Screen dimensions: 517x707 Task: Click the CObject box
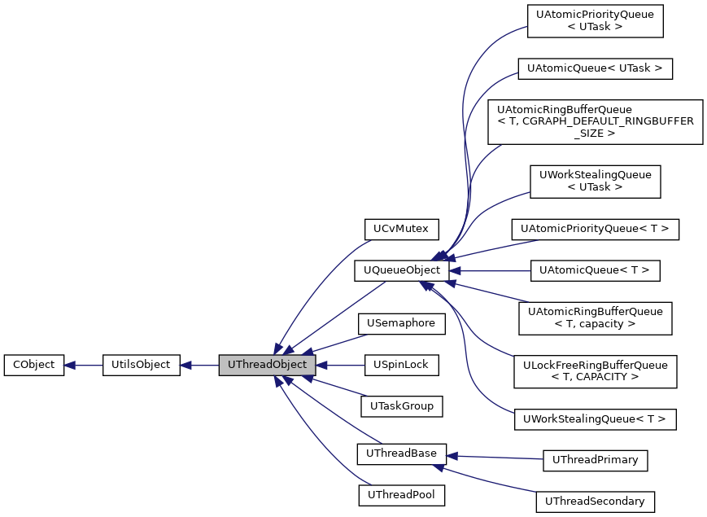33,365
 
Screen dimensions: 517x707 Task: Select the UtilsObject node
141,365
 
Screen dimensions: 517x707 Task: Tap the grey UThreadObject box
267,365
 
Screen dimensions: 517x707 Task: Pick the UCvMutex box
401,228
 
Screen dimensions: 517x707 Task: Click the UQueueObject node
401,270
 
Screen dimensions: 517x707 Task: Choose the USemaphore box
401,323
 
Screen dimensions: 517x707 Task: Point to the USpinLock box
401,365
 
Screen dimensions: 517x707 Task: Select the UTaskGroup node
401,405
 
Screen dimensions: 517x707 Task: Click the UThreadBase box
401,453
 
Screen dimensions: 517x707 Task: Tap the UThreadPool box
401,494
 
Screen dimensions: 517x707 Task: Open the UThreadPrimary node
595,460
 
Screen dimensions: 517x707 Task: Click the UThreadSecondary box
595,502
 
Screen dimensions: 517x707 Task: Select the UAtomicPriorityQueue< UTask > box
595,21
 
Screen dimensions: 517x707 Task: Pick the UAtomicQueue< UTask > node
595,68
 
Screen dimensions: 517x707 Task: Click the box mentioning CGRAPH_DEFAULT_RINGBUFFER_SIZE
595,121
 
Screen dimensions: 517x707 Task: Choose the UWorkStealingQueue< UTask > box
595,181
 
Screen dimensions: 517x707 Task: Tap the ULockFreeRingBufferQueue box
595,370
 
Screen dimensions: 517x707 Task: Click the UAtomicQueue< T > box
595,270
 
